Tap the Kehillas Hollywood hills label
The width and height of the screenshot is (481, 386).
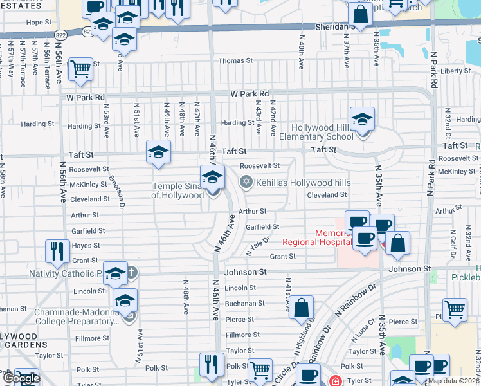pos(304,183)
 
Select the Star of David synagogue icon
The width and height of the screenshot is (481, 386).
pos(245,183)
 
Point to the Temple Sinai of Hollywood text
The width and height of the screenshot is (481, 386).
pos(177,191)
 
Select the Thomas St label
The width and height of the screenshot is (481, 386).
pos(236,61)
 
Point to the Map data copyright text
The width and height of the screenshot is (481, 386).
pos(454,381)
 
